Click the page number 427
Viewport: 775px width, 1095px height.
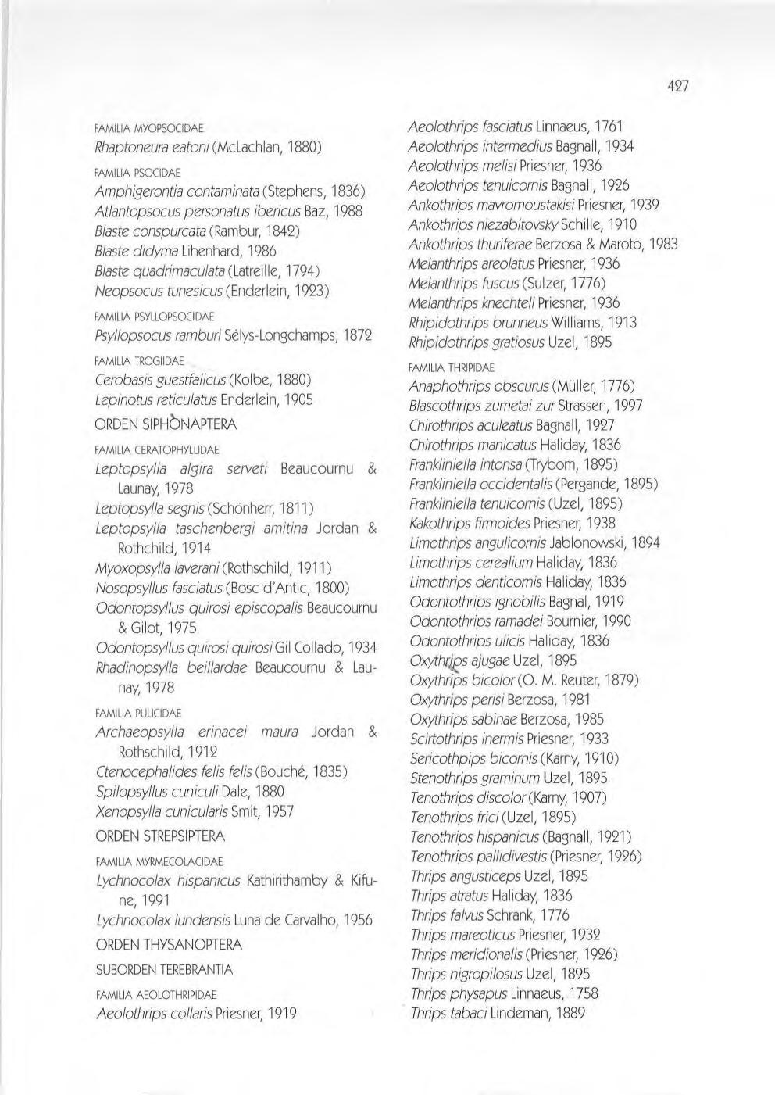coord(677,86)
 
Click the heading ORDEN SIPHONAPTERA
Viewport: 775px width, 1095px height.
coord(166,425)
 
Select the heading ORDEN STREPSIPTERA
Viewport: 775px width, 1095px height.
coord(160,836)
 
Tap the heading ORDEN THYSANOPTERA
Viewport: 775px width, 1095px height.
coord(168,945)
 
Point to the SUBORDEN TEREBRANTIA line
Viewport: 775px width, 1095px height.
coord(164,970)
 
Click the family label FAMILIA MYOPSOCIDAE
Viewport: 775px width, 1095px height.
coord(148,127)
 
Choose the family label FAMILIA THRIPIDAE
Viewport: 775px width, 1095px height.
coord(452,367)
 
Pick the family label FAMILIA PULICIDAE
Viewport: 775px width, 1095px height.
coord(137,714)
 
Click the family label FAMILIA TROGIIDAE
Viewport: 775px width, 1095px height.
coord(139,361)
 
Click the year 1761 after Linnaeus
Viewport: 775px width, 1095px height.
coord(607,127)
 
